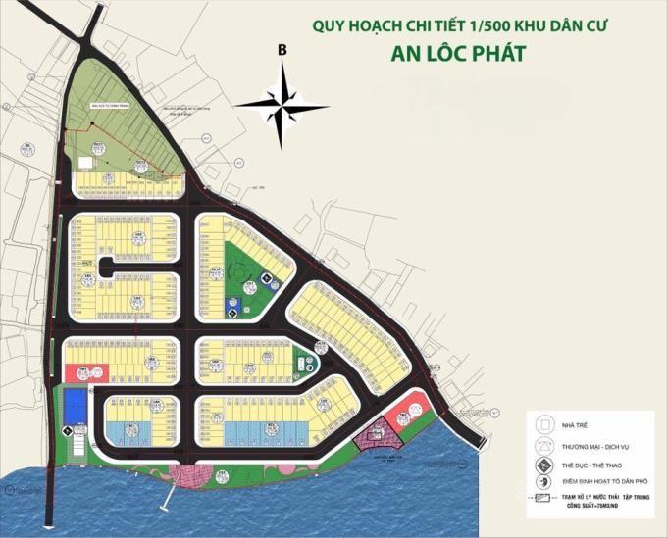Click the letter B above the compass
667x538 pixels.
tap(282, 49)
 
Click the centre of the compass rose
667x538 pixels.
tap(282, 101)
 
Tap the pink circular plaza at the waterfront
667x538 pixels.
tap(185, 476)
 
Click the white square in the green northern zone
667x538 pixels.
tap(85, 163)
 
